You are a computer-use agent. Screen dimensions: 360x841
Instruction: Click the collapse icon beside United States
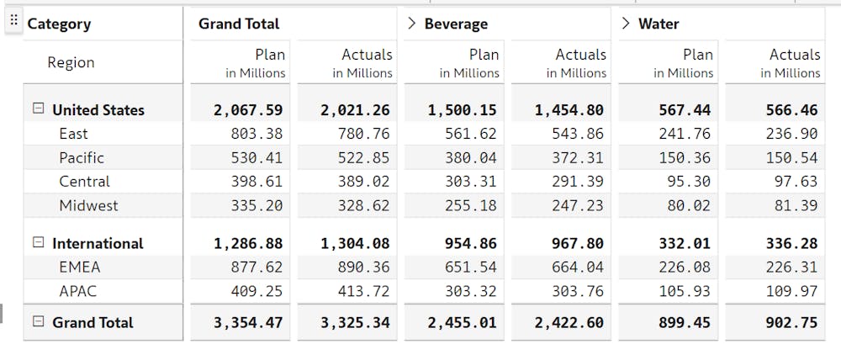pyautogui.click(x=38, y=109)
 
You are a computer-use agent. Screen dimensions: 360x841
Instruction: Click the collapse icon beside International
pyautogui.click(x=38, y=243)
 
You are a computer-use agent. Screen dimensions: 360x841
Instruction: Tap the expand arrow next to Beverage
pyautogui.click(x=411, y=24)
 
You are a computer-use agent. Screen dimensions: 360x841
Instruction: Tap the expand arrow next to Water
pyautogui.click(x=625, y=24)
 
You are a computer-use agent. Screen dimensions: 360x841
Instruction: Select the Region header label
pyautogui.click(x=71, y=62)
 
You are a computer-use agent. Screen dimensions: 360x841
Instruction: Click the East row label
pyautogui.click(x=73, y=134)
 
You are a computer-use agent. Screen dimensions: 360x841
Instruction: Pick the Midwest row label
pyautogui.click(x=88, y=205)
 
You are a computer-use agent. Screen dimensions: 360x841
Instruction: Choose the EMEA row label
pyautogui.click(x=79, y=267)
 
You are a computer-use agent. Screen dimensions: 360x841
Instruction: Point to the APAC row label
pyautogui.click(x=77, y=291)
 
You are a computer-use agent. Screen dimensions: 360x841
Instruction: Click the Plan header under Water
pyautogui.click(x=697, y=55)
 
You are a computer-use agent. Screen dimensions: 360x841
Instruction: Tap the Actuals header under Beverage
pyautogui.click(x=580, y=55)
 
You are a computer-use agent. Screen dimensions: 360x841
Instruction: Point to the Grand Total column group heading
pyautogui.click(x=239, y=24)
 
